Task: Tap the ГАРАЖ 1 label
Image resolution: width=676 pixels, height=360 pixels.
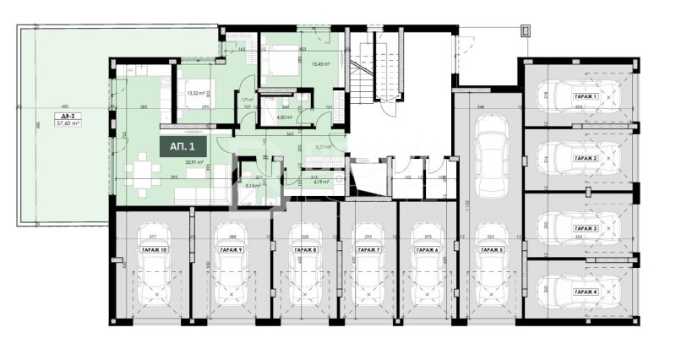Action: coord(586,97)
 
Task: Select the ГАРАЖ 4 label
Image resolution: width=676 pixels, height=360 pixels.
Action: coord(586,291)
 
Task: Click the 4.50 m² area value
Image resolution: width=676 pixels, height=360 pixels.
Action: coord(283,117)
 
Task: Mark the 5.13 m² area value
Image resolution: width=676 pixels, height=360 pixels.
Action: coord(253,185)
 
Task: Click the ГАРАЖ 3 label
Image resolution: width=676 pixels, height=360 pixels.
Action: coord(586,229)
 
